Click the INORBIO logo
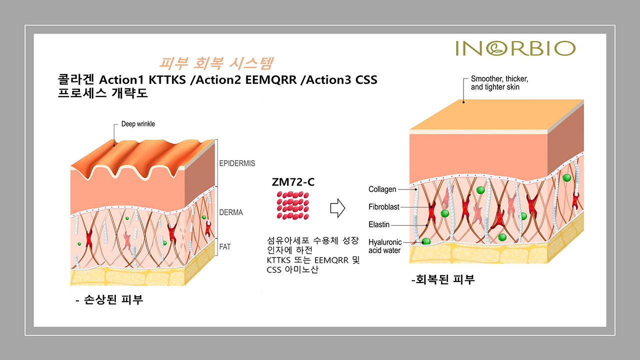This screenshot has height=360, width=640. click(x=515, y=48)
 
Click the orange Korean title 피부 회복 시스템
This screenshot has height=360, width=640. click(x=216, y=63)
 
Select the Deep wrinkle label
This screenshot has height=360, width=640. click(x=138, y=124)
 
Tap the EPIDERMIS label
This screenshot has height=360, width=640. click(x=237, y=163)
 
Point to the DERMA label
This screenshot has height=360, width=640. click(x=231, y=212)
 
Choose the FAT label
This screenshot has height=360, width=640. click(x=225, y=246)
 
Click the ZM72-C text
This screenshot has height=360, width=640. click(x=293, y=182)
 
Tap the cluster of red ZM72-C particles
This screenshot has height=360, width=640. click(x=293, y=205)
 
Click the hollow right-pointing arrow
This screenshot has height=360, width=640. click(x=337, y=208)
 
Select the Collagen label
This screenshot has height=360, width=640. click(x=382, y=189)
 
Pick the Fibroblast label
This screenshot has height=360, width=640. click(x=383, y=206)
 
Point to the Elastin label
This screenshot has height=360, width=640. click(x=379, y=224)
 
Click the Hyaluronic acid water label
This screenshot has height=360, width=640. click(x=385, y=246)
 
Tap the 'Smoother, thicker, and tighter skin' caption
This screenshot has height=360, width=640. click(x=499, y=83)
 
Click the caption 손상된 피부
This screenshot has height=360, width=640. click(x=109, y=299)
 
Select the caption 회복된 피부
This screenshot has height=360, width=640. click(x=443, y=279)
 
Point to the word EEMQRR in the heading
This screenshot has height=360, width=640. click(x=271, y=80)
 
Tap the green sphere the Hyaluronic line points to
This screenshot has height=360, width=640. click(x=426, y=241)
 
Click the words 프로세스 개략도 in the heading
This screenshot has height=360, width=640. click(x=102, y=93)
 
